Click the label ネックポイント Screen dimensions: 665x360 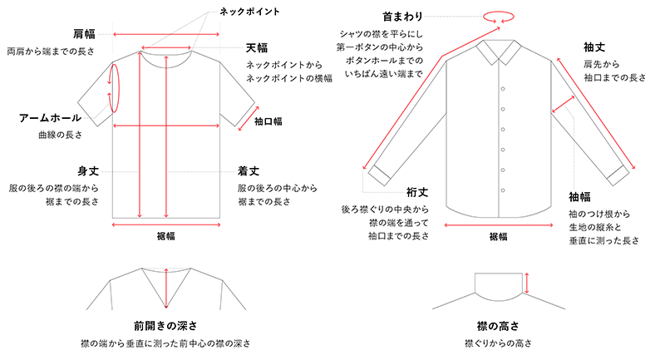pos(249,12)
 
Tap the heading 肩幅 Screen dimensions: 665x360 pos(84,34)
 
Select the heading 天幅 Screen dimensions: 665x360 pos(257,48)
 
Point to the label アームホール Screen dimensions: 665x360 pos(50,118)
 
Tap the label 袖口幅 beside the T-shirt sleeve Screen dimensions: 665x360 pos(268,121)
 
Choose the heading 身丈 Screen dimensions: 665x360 pos(88,171)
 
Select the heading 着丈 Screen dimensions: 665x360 pos(249,171)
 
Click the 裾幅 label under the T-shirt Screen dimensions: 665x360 pos(165,236)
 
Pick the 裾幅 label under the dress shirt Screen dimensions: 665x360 pos(498,236)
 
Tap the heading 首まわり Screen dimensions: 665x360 pos(402,17)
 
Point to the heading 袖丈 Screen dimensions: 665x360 pos(594,47)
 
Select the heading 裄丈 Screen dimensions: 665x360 pos(417,193)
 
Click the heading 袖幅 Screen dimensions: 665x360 pos(579,197)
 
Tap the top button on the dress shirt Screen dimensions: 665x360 pos(503,89)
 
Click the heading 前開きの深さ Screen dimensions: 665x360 pos(165,326)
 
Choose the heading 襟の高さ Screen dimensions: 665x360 pos(498,326)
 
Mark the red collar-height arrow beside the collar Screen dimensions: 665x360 pos(527,283)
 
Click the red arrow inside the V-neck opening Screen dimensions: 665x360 pos(166,288)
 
